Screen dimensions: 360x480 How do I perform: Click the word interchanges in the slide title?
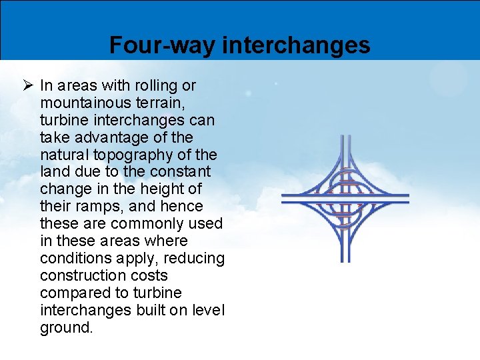[296, 45]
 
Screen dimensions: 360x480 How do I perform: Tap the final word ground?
[67, 328]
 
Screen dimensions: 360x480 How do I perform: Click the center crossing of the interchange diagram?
[345, 198]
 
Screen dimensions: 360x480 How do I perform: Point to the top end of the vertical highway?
[345, 137]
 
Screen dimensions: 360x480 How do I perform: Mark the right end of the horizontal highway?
[407, 198]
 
